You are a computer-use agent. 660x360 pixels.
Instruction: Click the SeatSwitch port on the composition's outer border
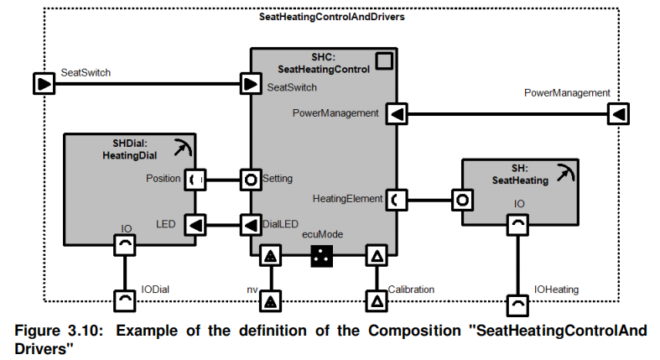(x=43, y=84)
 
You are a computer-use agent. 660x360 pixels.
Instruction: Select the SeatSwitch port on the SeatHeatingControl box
(x=250, y=84)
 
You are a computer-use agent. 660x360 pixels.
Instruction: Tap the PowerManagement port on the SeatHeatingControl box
(x=397, y=112)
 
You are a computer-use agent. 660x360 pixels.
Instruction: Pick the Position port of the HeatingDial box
(x=195, y=179)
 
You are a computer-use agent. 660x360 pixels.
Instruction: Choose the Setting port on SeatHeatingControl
(x=250, y=179)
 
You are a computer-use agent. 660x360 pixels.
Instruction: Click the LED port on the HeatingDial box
(x=195, y=225)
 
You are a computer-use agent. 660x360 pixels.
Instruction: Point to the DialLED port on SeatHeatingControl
(x=250, y=225)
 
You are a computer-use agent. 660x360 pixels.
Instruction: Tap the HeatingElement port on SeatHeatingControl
(x=397, y=200)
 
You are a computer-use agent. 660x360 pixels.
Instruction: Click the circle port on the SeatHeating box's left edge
(x=461, y=200)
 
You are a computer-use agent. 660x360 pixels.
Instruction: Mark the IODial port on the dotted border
(x=124, y=300)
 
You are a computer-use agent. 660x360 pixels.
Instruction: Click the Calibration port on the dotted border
(x=377, y=300)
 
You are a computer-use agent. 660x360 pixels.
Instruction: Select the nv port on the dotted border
(x=271, y=300)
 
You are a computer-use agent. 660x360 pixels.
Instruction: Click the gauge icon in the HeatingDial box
(x=182, y=149)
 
